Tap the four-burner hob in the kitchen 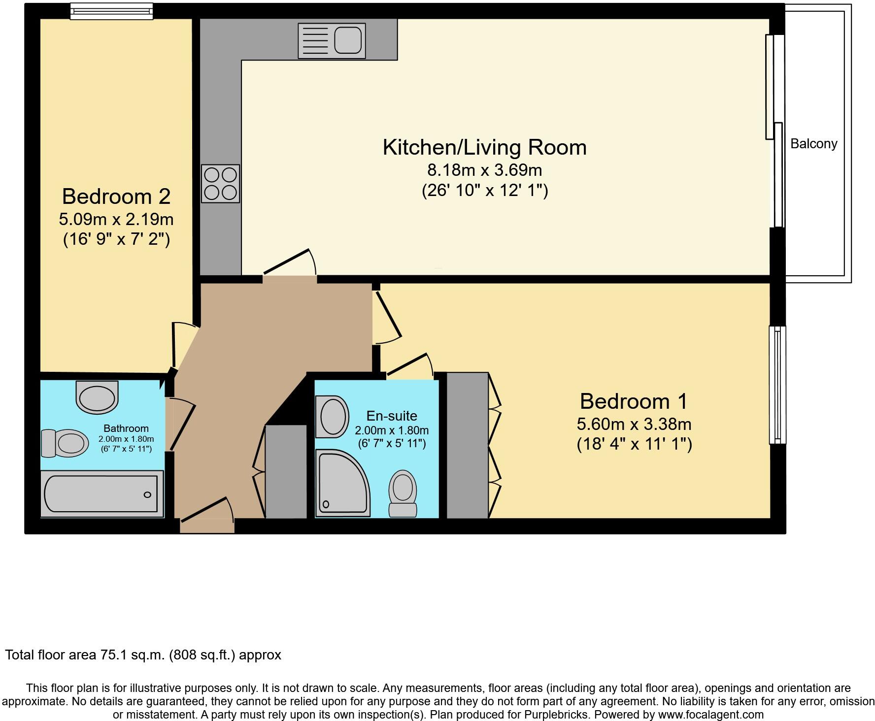[x=220, y=184]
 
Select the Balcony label [x=813, y=144]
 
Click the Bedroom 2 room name [x=116, y=197]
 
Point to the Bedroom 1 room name [x=634, y=401]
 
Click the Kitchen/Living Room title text [x=484, y=148]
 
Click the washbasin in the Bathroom [x=97, y=398]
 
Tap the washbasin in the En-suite [x=333, y=417]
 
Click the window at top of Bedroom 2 [x=111, y=11]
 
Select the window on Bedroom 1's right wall [x=777, y=385]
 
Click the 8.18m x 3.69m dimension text [x=484, y=170]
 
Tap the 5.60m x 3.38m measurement [x=634, y=424]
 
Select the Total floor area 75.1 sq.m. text [x=143, y=655]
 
